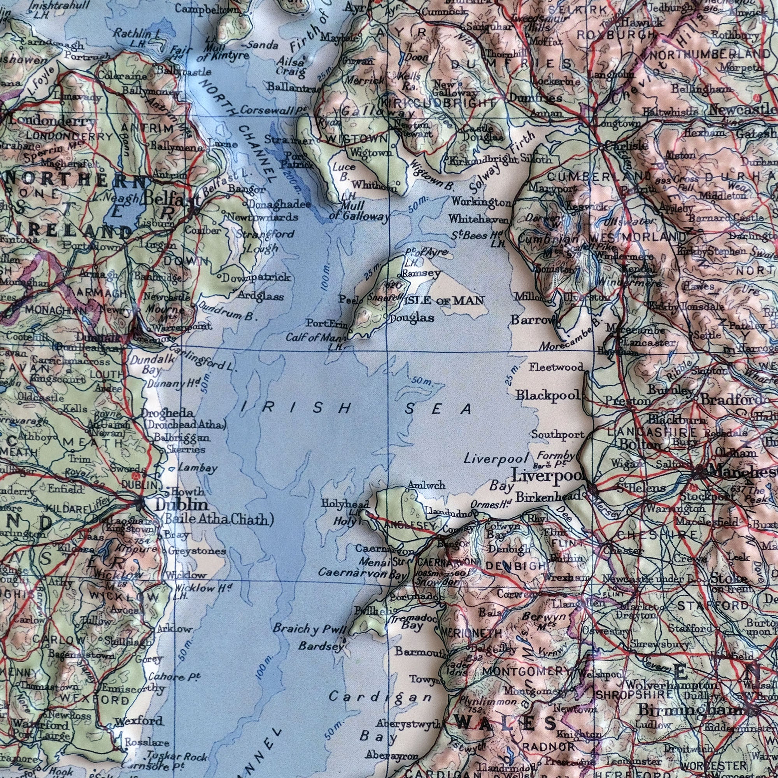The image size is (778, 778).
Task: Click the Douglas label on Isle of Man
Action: [x=412, y=318]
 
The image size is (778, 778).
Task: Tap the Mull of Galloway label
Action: [x=358, y=211]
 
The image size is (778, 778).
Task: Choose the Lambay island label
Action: [x=198, y=468]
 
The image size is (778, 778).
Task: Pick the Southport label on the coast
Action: [x=557, y=435]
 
